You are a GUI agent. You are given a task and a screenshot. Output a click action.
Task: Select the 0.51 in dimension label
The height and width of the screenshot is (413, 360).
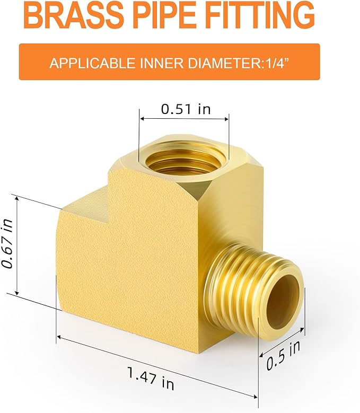(x=185, y=109)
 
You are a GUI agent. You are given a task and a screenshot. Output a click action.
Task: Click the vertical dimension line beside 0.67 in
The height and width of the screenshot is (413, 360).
(x=18, y=245)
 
